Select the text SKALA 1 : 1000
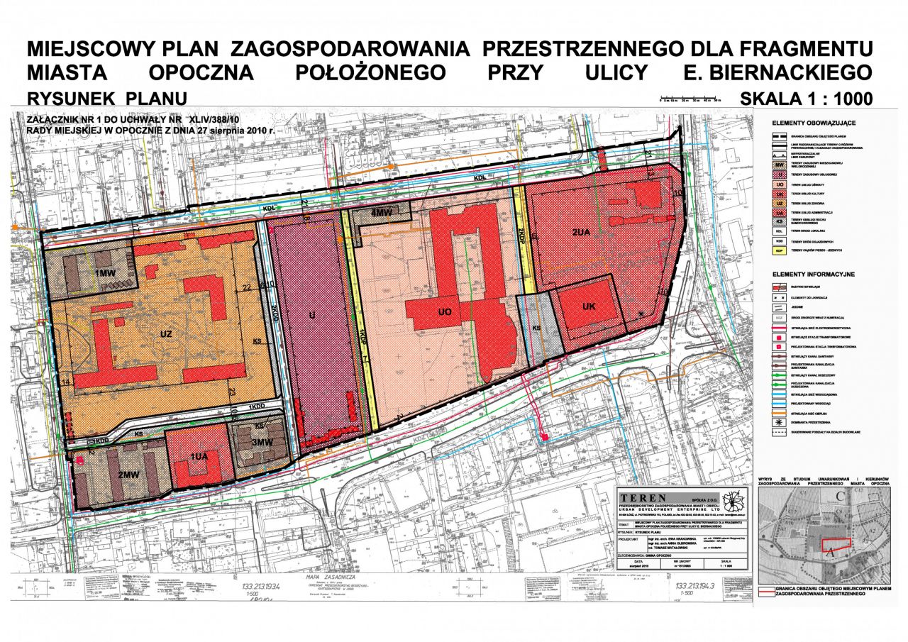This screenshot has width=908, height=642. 806,99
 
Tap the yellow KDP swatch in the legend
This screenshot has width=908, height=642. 779,250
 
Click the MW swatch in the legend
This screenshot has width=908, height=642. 779,164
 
